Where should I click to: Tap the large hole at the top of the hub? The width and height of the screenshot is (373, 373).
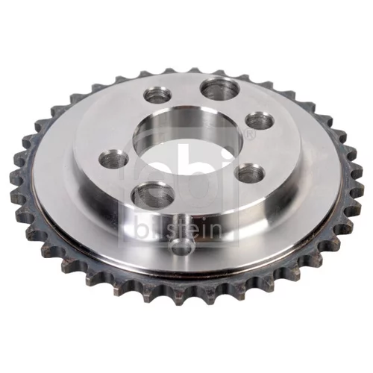tap(220, 89)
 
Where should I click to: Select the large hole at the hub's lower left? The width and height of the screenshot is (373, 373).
tap(152, 195)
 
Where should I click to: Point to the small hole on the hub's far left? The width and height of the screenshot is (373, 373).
tap(114, 158)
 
